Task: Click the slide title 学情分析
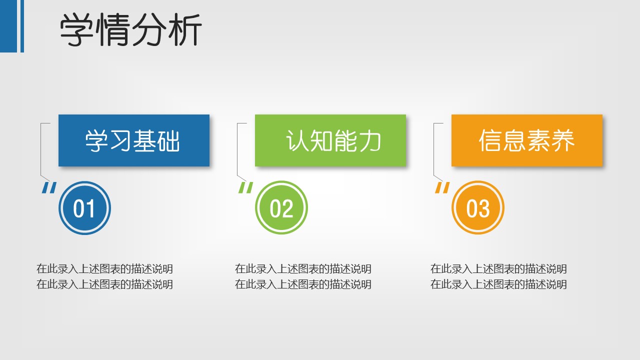click(131, 30)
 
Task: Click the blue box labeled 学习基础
click(134, 140)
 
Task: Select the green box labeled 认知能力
click(330, 140)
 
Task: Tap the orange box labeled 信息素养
click(527, 140)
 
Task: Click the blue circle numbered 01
click(84, 207)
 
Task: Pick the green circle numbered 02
click(281, 207)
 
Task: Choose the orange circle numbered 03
click(478, 207)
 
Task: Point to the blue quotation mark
click(49, 187)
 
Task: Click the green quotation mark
click(245, 187)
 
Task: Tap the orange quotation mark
click(442, 187)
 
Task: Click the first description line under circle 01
click(104, 269)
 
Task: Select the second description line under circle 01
click(104, 284)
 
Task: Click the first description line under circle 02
click(303, 269)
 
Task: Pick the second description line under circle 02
click(303, 284)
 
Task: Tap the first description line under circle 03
click(498, 269)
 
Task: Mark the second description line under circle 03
click(498, 284)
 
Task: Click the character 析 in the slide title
click(185, 30)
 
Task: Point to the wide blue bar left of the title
click(8, 26)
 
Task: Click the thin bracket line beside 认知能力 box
click(237, 149)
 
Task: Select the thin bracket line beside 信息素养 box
click(434, 149)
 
